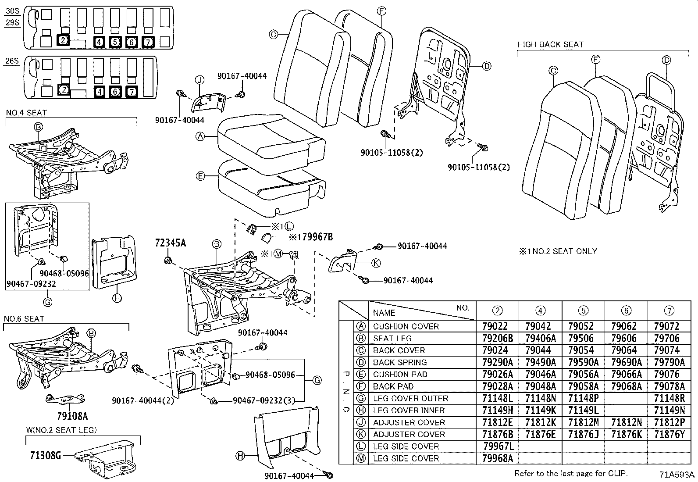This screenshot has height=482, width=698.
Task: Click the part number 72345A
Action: click(170, 243)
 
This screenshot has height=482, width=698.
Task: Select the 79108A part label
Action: click(72, 416)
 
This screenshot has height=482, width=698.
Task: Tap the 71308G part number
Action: click(45, 455)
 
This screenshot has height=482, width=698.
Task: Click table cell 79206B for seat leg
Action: click(497, 338)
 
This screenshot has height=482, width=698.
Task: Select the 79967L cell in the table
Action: click(497, 446)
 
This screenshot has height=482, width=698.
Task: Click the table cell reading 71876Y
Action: click(669, 434)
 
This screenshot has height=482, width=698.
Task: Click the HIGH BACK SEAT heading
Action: click(550, 44)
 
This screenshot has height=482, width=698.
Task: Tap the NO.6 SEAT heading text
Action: click(24, 319)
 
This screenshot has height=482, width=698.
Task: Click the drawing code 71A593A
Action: click(677, 475)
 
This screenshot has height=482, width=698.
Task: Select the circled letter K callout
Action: click(376, 263)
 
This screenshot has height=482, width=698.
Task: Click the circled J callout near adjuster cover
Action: click(199, 80)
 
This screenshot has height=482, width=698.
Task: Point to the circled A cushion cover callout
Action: click(200, 137)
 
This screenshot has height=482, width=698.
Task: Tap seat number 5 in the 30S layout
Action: click(114, 42)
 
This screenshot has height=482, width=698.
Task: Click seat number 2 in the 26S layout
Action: click(64, 90)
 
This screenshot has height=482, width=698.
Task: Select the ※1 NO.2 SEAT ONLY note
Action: click(558, 251)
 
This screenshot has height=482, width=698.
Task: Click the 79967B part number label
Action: click(313, 237)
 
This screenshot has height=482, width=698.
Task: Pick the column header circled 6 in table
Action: click(626, 311)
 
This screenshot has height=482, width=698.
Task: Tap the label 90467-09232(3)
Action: click(263, 400)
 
